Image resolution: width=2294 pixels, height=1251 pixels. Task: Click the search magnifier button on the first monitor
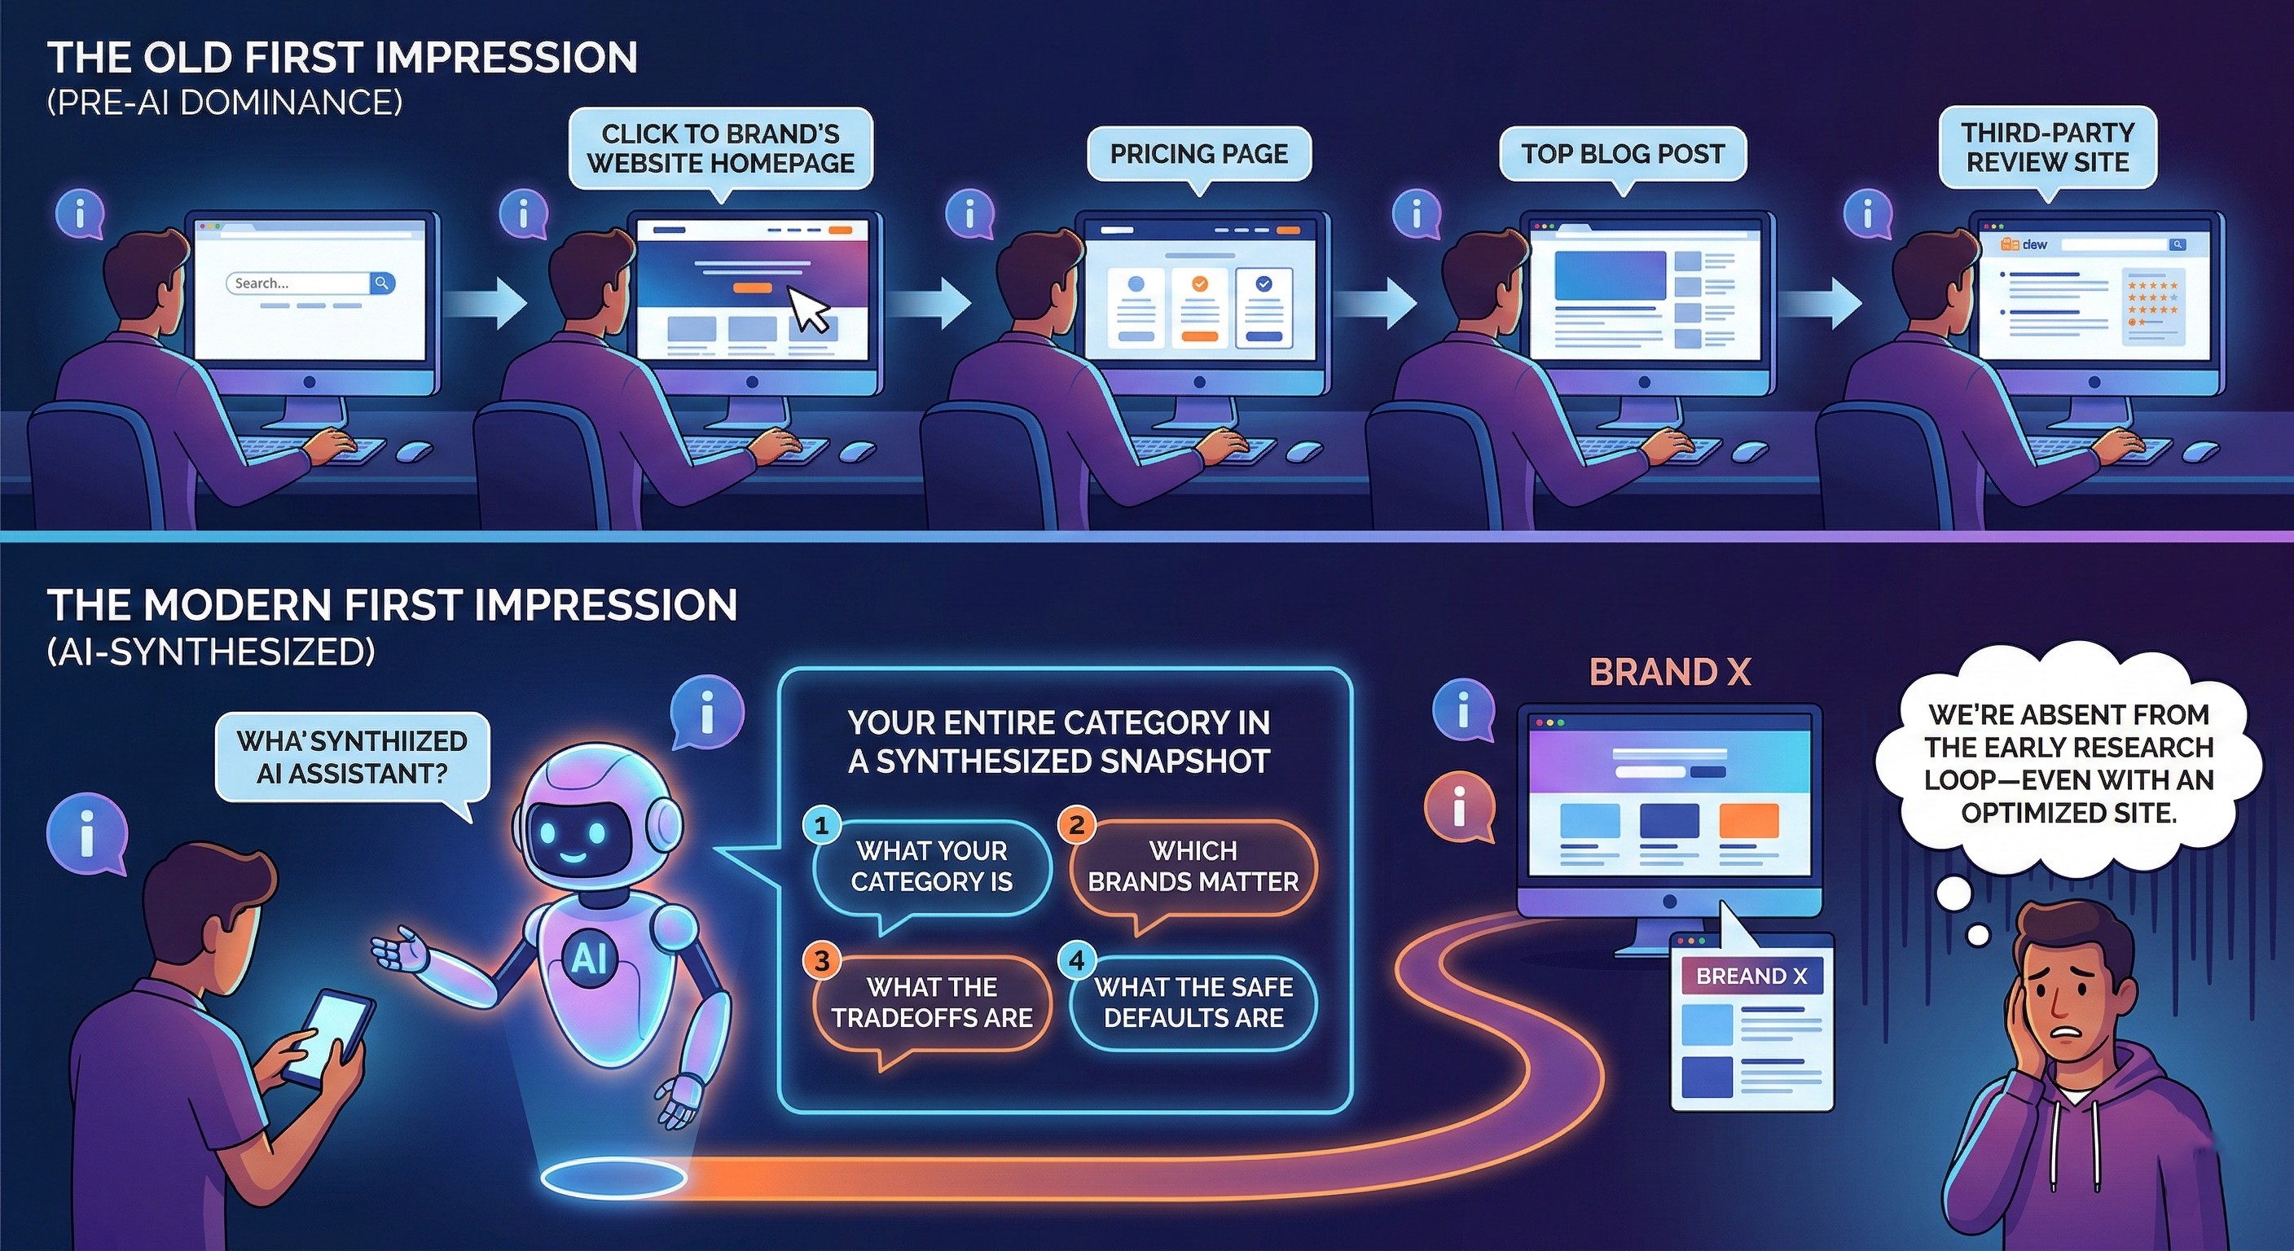[382, 283]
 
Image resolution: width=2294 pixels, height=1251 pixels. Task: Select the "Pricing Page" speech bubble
[1198, 154]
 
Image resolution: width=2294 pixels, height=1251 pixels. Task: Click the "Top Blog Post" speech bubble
[1623, 154]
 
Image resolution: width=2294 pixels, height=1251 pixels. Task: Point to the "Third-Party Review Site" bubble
[2047, 147]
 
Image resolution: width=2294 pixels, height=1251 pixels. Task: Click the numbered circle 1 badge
[821, 825]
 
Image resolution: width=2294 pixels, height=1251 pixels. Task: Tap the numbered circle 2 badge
[1076, 825]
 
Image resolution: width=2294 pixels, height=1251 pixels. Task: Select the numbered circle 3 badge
[821, 961]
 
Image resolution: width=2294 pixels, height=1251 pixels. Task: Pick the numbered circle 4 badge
[1076, 961]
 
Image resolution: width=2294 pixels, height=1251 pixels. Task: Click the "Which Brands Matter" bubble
[1193, 867]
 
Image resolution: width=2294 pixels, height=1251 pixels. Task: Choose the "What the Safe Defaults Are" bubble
[1193, 1003]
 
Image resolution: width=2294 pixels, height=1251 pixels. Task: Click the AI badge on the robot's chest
[589, 959]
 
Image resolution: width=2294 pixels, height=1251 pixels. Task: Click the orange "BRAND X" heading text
[1670, 673]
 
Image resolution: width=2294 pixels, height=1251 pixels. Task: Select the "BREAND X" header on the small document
[1751, 977]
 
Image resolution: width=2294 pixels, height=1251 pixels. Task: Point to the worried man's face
[2063, 994]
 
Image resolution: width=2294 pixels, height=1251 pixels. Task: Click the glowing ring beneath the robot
[613, 1178]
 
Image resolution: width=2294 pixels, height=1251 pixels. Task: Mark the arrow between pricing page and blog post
[1375, 303]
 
